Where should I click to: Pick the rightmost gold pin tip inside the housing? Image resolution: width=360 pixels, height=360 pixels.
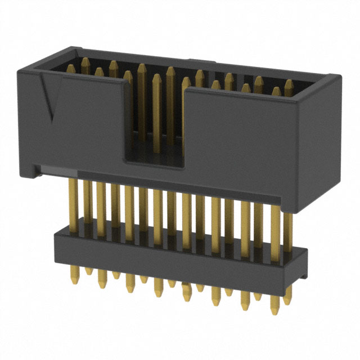[x=289, y=84]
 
